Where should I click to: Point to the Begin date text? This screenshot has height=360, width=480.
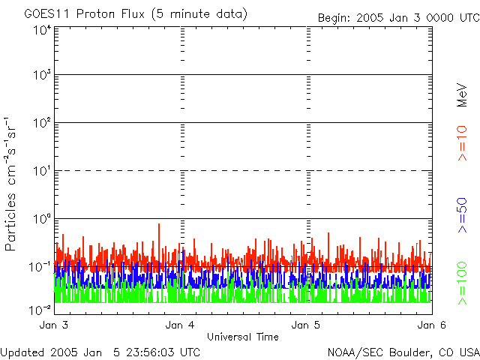point(399,18)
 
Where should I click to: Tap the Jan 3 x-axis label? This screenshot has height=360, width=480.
point(54,325)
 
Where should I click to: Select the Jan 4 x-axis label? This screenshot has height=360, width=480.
point(180,325)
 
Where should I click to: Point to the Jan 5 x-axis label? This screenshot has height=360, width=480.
point(306,325)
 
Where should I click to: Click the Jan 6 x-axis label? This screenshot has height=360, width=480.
point(432,325)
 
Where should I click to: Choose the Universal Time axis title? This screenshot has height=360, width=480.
point(243,337)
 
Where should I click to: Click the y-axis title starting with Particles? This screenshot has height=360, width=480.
point(10,184)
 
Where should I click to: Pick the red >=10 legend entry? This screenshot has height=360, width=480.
point(462,143)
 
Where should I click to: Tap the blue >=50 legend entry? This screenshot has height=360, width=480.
point(462,215)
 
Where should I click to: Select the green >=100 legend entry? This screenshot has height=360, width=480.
point(462,283)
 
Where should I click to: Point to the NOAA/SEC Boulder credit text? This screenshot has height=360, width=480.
point(403,352)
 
